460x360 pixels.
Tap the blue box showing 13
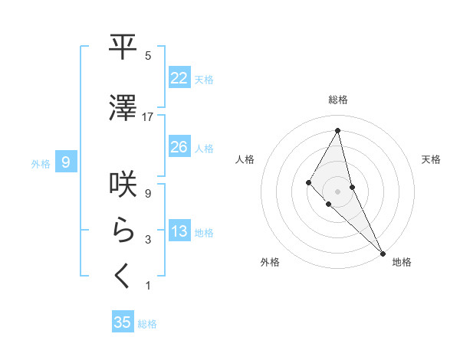point(179,231)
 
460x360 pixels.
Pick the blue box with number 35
point(123,322)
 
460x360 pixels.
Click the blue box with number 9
point(67,162)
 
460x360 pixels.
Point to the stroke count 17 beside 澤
point(148,116)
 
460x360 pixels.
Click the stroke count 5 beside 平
point(148,55)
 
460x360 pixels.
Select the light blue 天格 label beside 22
point(204,79)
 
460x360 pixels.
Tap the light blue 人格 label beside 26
point(204,148)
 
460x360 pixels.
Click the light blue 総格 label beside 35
point(147,324)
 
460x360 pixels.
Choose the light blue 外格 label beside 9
point(41,163)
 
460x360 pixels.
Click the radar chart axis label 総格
point(338,100)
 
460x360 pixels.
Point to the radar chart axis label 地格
point(402,262)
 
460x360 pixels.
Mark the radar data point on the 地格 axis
point(383,252)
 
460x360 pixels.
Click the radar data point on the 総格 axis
point(338,130)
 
